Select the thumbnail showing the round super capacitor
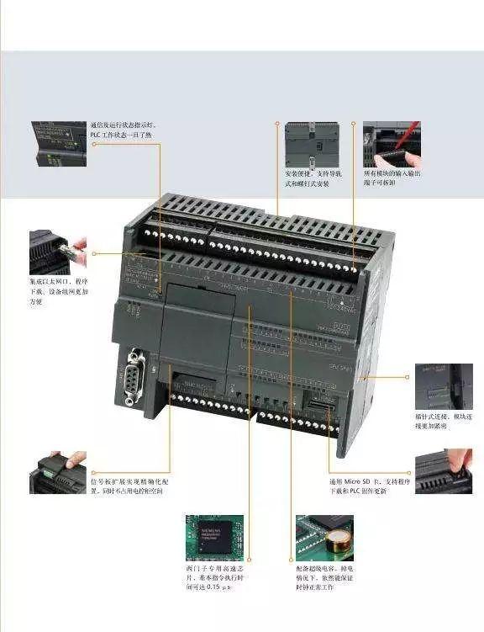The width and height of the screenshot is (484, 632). (x=324, y=535)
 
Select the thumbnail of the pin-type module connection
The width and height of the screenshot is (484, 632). (x=443, y=386)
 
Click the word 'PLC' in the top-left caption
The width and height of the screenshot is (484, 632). (x=98, y=135)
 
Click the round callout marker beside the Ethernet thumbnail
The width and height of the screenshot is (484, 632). (x=95, y=252)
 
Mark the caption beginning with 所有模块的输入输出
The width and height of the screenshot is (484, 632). (x=392, y=178)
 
